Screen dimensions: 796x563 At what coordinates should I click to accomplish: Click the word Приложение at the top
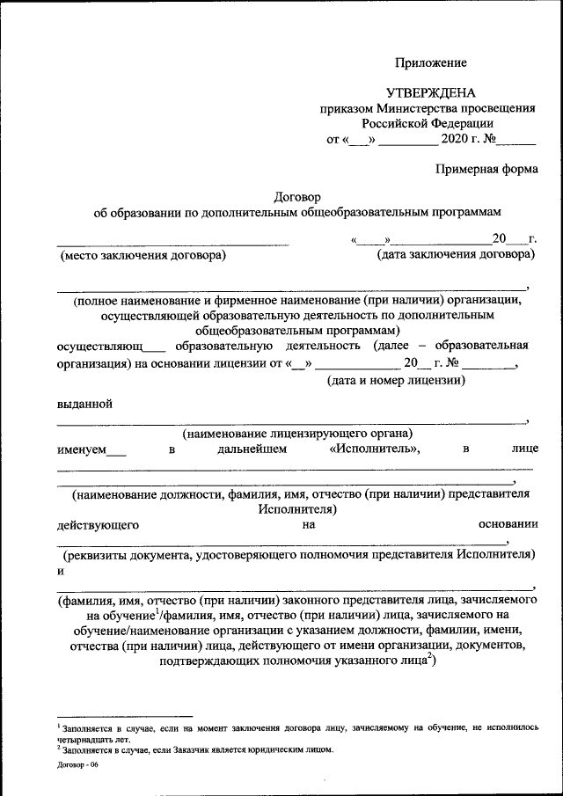click(x=430, y=62)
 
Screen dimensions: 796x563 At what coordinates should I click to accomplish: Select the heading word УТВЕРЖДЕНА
click(x=430, y=93)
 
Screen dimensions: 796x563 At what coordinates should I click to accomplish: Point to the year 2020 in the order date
click(x=457, y=139)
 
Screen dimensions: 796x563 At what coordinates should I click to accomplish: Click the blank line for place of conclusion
click(x=172, y=242)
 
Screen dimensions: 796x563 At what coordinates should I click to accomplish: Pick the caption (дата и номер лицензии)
click(x=395, y=381)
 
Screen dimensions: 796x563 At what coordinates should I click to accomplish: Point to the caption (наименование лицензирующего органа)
click(x=297, y=434)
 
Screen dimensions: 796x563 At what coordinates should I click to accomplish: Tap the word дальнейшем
click(x=252, y=449)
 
